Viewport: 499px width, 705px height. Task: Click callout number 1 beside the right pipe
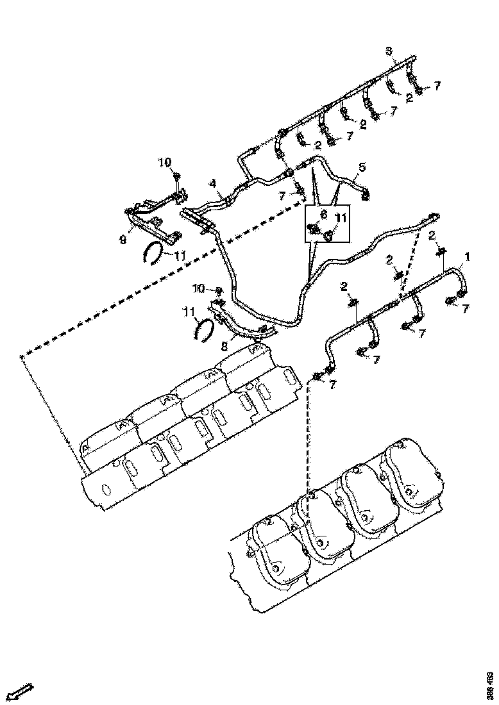467,258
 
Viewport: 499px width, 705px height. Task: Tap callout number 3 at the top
388,51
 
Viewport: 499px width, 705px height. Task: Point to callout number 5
362,168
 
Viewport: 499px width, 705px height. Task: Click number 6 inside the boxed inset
323,215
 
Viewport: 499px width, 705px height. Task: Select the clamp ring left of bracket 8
205,330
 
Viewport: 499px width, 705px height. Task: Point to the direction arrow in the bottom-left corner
19,692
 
